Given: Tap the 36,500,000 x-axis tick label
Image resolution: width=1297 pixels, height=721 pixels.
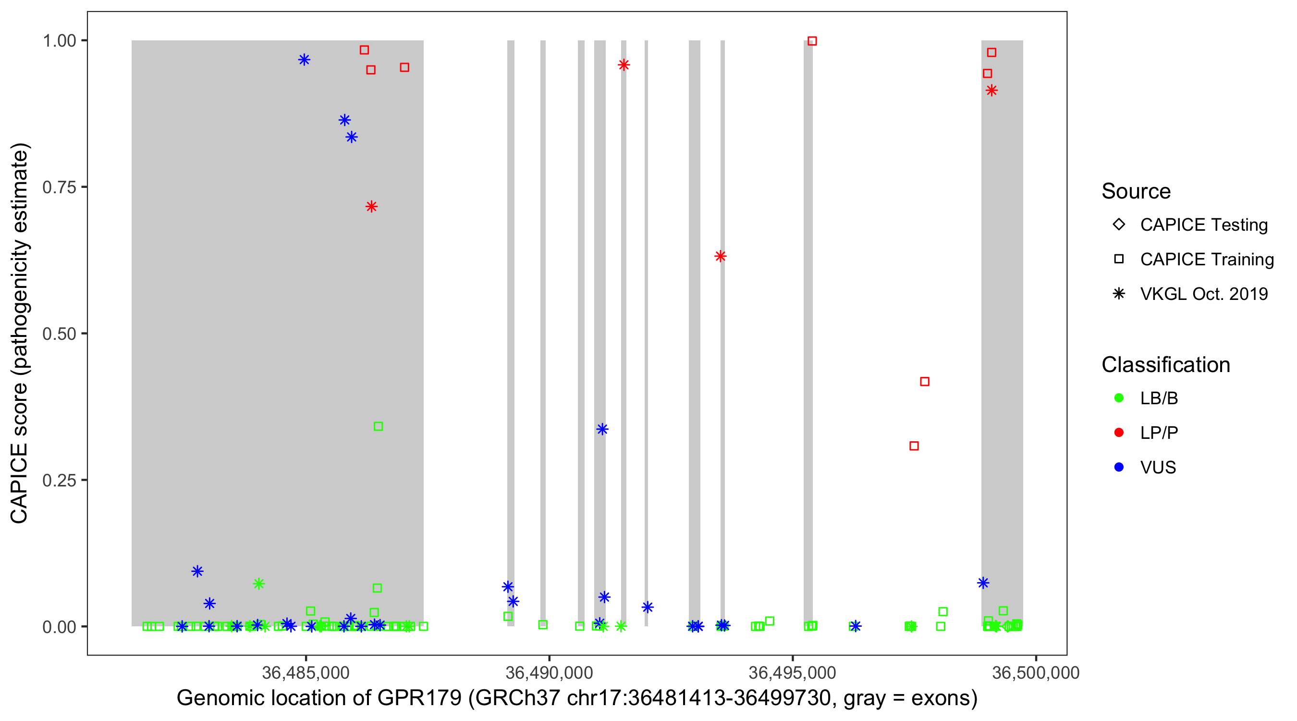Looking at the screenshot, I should (1036, 672).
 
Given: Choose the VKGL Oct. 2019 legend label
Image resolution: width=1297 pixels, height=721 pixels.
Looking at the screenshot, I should (1203, 294).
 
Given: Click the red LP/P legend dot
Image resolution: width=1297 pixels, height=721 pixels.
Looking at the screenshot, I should (1119, 433).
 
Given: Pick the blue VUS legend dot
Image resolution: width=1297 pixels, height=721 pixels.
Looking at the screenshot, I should (1119, 468).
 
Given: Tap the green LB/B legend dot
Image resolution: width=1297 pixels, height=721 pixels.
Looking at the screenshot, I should (1119, 398).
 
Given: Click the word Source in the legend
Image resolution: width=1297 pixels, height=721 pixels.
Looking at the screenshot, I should (1136, 191).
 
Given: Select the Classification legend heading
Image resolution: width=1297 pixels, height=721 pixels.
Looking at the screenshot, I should (1165, 365).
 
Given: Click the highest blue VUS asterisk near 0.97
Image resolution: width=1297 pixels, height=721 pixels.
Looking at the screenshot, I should (304, 60).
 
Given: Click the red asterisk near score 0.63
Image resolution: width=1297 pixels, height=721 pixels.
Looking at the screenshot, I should (721, 257).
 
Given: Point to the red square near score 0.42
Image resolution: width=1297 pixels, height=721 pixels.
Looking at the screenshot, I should (924, 382).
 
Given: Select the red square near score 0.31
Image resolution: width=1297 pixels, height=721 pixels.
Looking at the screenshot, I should (914, 446).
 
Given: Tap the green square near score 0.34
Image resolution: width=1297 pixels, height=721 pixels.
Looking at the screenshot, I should (378, 427).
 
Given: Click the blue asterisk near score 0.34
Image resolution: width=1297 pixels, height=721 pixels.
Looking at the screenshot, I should (602, 429).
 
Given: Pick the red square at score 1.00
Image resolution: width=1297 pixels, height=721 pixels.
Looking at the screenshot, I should (812, 41).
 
